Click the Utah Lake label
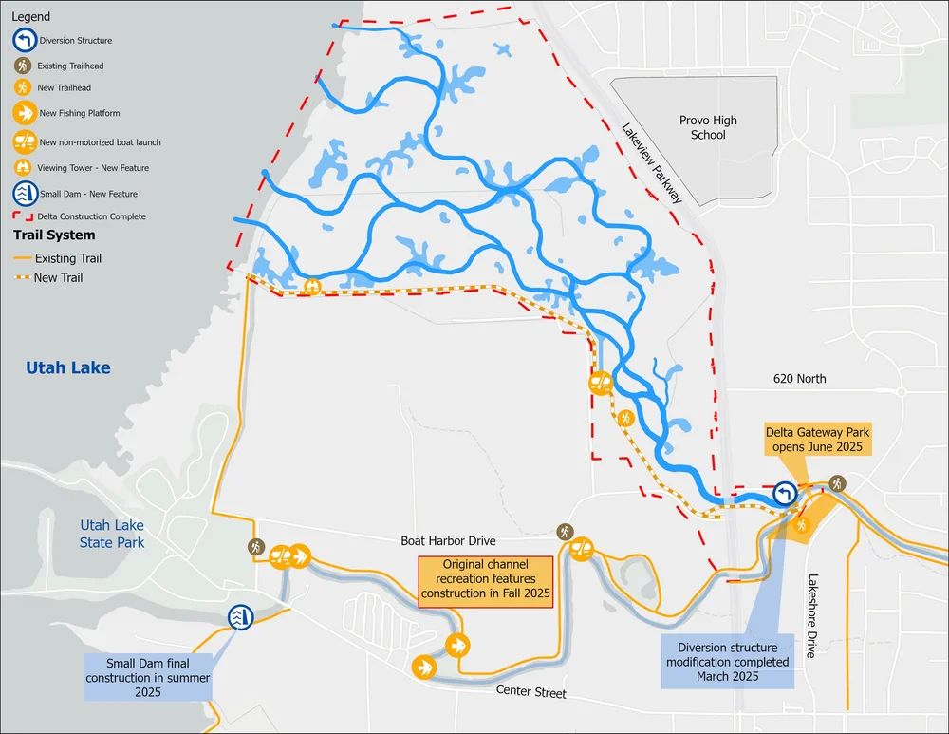click(68, 367)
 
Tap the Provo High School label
click(708, 127)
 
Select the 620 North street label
click(799, 379)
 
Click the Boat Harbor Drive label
click(448, 540)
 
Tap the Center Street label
click(530, 693)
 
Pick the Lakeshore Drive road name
click(812, 614)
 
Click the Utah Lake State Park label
click(112, 534)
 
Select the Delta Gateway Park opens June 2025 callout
click(817, 439)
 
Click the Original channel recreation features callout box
click(484, 579)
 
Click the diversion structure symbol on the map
click(785, 494)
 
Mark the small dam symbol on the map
click(240, 618)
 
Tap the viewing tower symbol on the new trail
click(312, 285)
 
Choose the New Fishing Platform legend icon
click(23, 113)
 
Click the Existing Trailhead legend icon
click(23, 66)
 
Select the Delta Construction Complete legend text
click(91, 216)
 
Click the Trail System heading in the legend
click(53, 235)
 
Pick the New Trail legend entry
click(58, 277)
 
